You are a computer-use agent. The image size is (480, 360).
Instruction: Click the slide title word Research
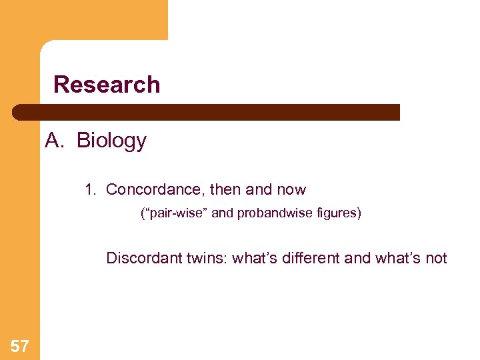tap(107, 85)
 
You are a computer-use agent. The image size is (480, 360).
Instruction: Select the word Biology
tap(111, 141)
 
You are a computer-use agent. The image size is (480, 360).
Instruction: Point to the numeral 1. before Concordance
tap(91, 190)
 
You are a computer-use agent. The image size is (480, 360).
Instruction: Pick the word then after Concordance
tap(225, 190)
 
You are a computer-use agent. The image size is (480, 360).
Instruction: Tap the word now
tap(291, 190)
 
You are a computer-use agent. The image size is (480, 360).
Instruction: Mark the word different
tap(308, 259)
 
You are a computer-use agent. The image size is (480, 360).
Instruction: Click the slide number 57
tap(20, 346)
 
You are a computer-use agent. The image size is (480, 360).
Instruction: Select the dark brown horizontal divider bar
tap(207, 112)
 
